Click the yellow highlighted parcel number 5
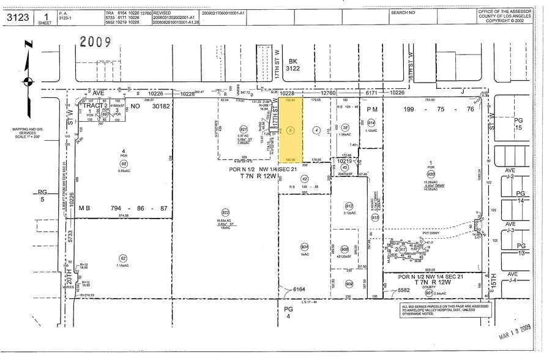pos(291,130)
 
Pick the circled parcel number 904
pos(304,247)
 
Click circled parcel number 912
pos(349,206)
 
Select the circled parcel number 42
pos(304,179)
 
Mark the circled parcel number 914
pos(371,122)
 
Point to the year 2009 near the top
pos(95,42)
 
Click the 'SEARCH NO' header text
pos(403,12)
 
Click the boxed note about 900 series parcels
pos(445,310)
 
